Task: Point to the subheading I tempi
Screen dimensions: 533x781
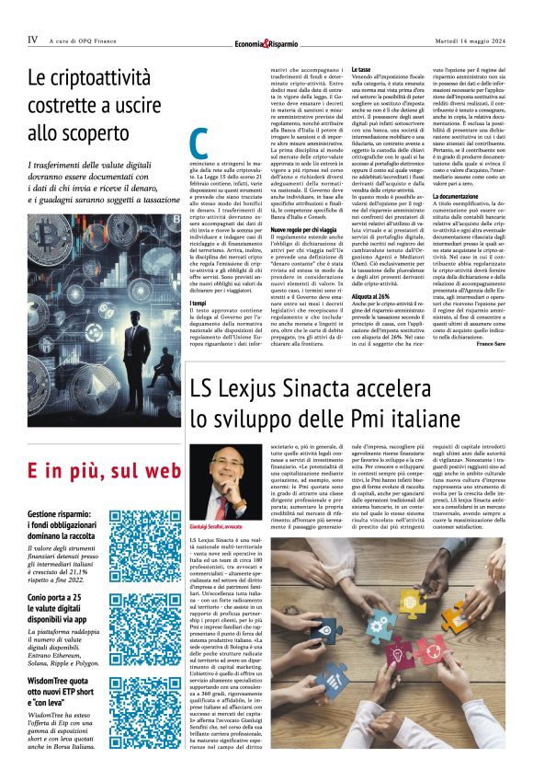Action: tap(198, 303)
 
